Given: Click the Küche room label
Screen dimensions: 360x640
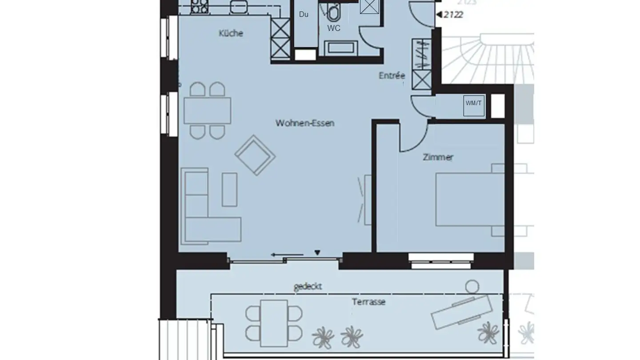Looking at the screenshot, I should pos(231,33).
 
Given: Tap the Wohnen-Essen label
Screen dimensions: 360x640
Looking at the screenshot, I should pos(304,123).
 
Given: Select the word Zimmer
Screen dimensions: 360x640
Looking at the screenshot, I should pos(438,157).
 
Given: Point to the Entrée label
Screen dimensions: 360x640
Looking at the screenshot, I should pos(392,76).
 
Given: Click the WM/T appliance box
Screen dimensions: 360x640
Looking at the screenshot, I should pos(473,106).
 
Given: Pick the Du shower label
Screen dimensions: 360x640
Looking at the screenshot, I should pos(304,14).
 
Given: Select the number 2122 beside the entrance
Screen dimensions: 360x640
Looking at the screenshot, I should pos(453,15).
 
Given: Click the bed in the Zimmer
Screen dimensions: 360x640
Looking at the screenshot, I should pos(470,200).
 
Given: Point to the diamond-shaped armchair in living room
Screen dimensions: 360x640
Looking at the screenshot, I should pos(255,155).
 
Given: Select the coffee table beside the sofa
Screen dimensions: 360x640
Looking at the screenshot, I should pos(229,189).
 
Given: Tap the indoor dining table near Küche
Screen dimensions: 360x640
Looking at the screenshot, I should pos(207,111).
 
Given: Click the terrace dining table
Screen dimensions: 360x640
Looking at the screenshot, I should pos(274,323).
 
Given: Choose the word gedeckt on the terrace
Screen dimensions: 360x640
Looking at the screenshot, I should pos(308,287).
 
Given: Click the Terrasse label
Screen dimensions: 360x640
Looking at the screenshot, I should pos(368,302).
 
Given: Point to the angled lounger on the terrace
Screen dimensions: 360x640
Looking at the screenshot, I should pos(462,311).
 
